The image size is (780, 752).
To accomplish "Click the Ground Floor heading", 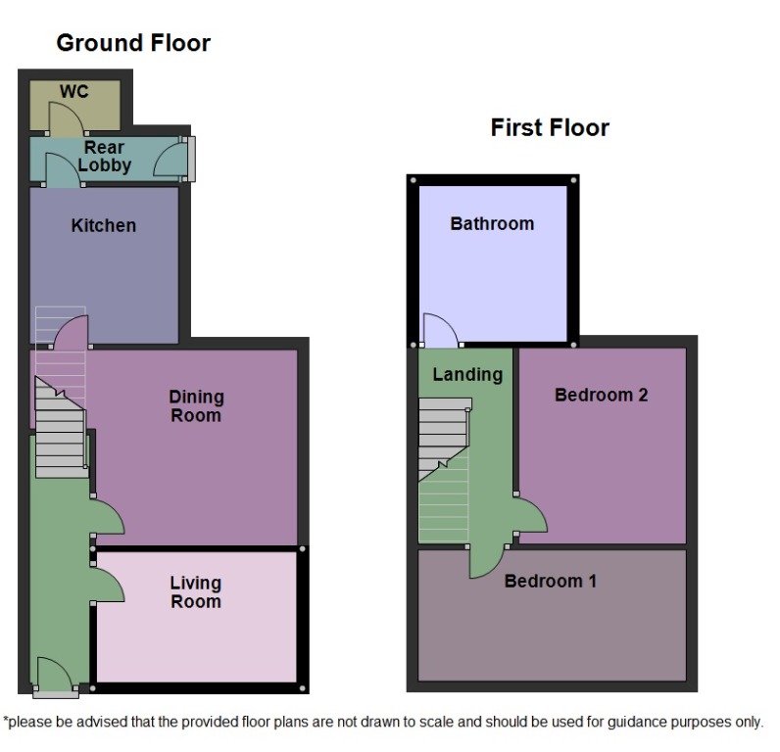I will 132,43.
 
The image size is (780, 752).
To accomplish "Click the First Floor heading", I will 550,128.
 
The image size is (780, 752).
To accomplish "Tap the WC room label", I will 73,92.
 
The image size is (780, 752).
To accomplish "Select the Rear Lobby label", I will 104,157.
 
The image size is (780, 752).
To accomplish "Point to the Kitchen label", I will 104,225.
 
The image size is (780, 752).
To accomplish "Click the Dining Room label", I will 196,406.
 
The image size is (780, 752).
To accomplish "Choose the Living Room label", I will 196,592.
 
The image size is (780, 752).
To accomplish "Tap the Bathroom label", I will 492,223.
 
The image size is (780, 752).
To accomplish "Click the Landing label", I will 467,374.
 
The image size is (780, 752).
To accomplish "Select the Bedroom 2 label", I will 601,396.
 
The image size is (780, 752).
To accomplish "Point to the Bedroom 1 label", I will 550,582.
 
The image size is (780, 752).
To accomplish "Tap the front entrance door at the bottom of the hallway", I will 53,676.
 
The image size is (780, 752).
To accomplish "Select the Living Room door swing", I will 108,584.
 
